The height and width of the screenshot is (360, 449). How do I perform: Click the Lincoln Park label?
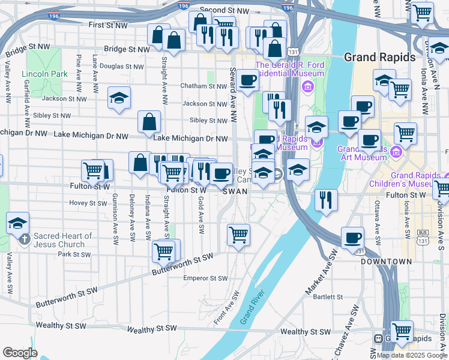click(44, 74)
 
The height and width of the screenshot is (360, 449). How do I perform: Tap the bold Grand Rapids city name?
click(379, 58)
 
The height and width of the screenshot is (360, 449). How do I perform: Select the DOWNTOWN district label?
click(387, 262)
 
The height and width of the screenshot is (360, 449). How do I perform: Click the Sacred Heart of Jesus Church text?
click(63, 240)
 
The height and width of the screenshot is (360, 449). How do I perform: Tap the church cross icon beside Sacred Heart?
click(25, 239)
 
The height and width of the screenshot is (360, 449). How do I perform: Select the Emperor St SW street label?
click(206, 278)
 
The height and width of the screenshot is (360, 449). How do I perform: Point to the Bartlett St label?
click(327, 297)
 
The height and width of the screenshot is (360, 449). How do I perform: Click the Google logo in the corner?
click(20, 353)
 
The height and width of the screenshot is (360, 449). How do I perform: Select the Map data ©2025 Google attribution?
click(412, 355)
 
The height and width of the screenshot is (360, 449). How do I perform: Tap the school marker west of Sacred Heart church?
click(18, 223)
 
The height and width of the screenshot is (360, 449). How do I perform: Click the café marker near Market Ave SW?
click(352, 237)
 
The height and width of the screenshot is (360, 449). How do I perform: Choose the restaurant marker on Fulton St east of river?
click(326, 199)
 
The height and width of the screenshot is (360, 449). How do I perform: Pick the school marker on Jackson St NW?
click(119, 98)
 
